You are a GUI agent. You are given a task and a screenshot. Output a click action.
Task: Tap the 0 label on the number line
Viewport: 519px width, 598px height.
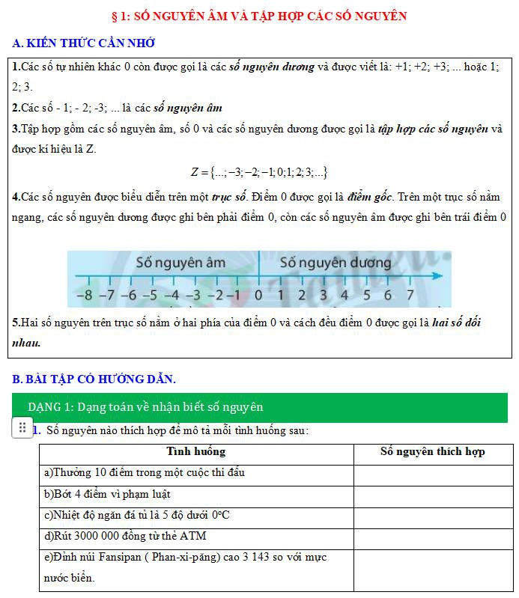(x=258, y=296)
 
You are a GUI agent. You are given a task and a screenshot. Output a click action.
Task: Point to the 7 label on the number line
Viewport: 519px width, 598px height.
(x=410, y=296)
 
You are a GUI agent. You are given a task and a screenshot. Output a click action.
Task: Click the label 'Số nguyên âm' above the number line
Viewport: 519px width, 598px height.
(x=180, y=263)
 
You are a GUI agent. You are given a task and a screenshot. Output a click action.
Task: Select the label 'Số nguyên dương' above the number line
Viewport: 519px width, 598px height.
(x=336, y=263)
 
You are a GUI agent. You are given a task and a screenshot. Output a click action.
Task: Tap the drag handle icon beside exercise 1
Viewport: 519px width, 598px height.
(x=22, y=428)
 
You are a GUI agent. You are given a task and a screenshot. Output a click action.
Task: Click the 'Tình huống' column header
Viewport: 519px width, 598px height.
(x=195, y=452)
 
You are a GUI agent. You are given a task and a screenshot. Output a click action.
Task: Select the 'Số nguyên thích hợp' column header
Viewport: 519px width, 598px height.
(x=432, y=452)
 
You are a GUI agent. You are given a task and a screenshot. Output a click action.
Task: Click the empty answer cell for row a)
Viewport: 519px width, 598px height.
(x=432, y=473)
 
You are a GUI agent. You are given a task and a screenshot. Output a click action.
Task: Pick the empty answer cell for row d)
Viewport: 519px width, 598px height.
(x=432, y=537)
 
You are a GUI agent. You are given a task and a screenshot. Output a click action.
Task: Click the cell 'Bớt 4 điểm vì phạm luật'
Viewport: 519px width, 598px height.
(x=107, y=494)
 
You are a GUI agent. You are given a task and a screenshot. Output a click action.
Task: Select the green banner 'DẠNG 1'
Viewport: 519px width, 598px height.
(x=260, y=407)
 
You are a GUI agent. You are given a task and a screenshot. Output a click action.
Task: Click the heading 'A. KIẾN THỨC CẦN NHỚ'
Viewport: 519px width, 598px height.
(x=84, y=43)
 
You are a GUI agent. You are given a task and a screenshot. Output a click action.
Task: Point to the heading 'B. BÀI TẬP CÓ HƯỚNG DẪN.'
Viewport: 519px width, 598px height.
(x=94, y=379)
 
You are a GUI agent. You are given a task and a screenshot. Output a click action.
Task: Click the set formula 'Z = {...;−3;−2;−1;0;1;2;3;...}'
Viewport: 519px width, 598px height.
(x=259, y=172)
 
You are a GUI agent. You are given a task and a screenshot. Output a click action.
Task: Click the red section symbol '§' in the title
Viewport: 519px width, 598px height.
(x=114, y=16)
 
